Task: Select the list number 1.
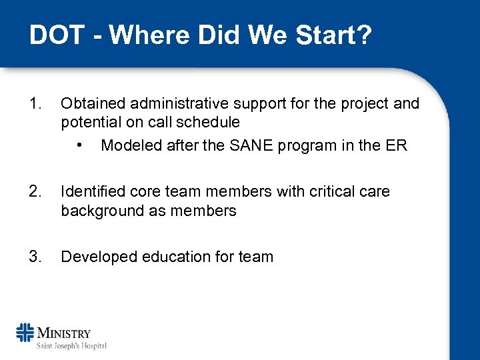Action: tap(35, 104)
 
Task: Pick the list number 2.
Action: tap(35, 192)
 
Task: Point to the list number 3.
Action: tap(35, 257)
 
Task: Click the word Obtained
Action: tap(93, 104)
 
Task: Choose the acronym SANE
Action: tap(263, 145)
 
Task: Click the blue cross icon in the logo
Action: tap(25, 333)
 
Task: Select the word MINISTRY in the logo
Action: tap(64, 333)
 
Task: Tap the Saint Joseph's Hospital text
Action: tap(71, 345)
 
